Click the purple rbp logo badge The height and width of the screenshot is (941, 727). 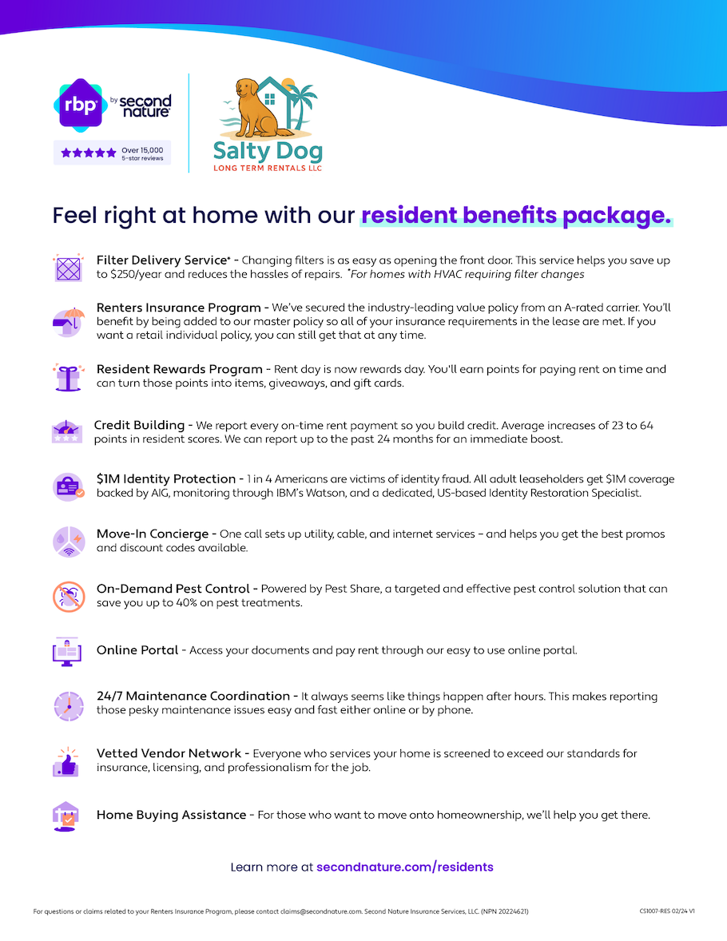pos(80,104)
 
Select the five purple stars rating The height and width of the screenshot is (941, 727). pos(89,153)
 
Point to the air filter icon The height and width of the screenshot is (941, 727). pos(68,268)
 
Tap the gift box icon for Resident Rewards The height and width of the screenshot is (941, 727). pos(68,376)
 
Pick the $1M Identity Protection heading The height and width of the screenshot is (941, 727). pos(166,479)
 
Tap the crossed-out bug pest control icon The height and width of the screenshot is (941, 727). pos(68,596)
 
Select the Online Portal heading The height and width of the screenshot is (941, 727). pos(137,650)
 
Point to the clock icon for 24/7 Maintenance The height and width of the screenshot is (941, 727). pos(68,704)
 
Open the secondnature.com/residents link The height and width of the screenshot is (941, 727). pos(405,867)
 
